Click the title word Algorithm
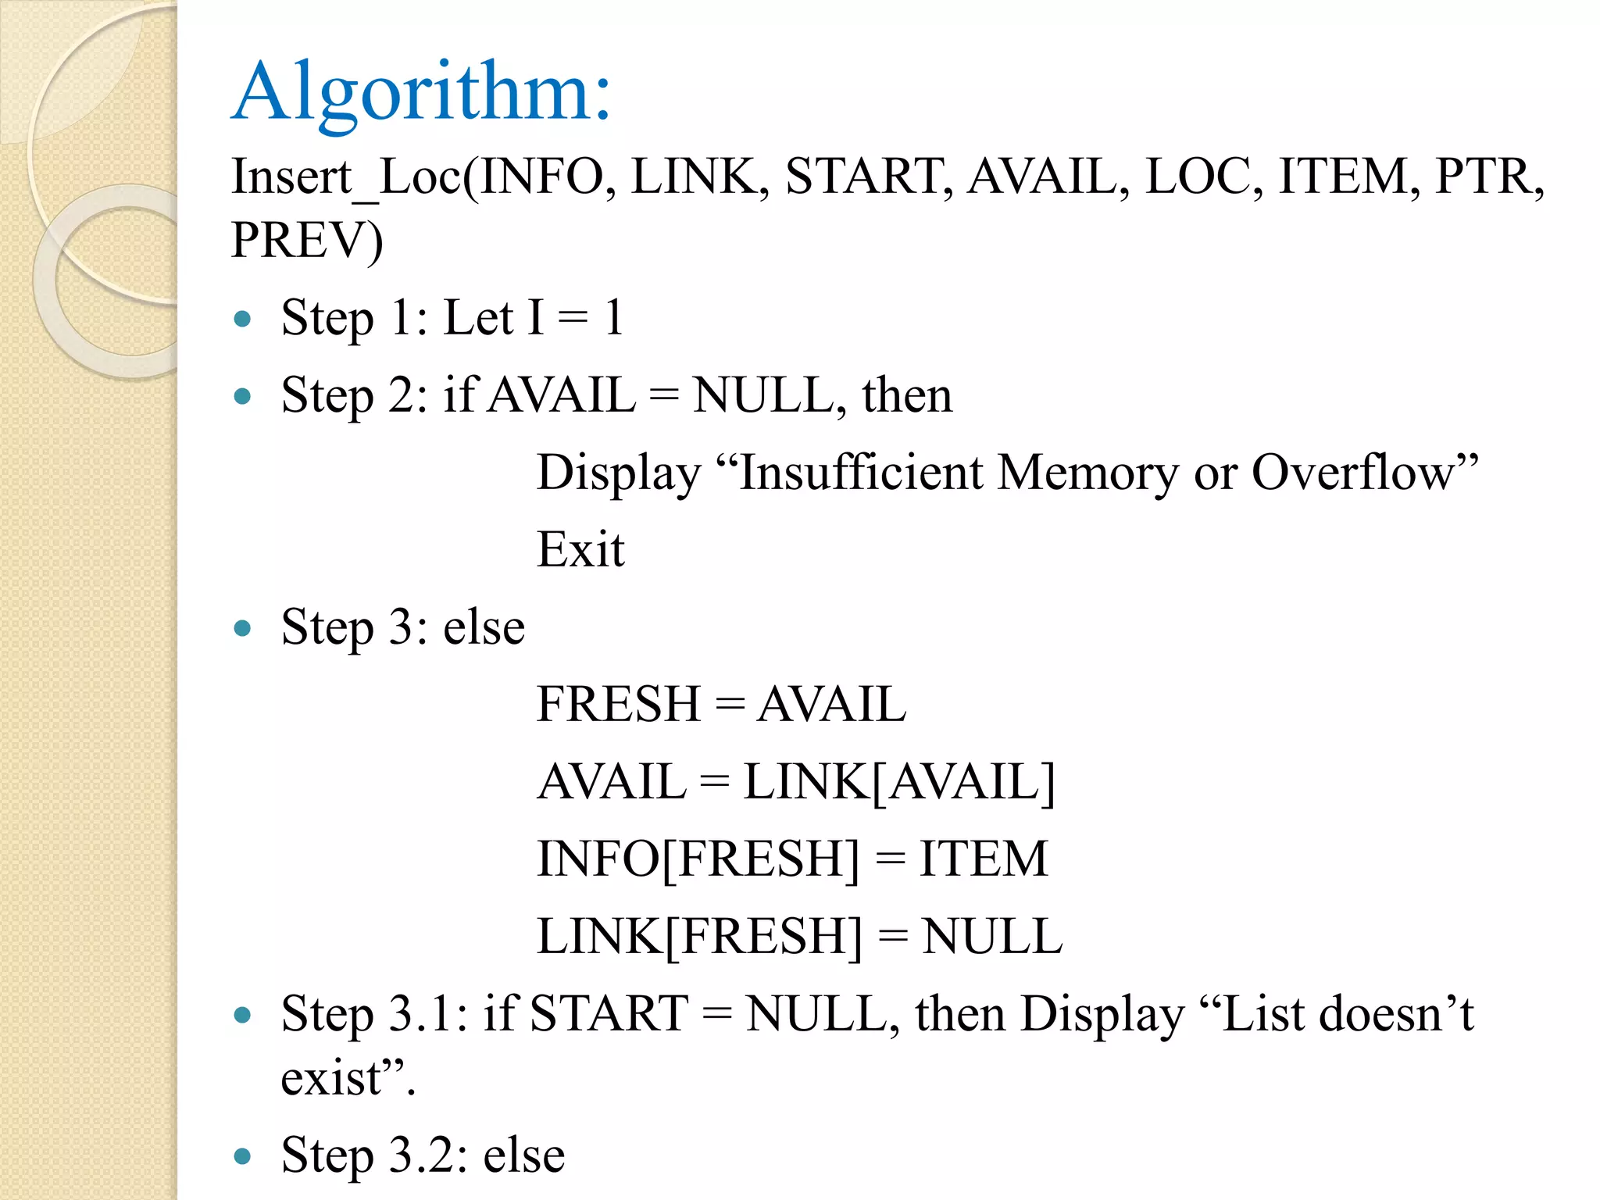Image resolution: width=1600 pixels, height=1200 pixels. [x=420, y=92]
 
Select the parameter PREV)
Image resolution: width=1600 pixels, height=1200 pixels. [x=307, y=240]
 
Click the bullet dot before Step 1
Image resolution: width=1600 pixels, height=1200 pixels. [x=243, y=319]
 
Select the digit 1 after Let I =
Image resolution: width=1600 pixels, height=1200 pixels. [x=614, y=318]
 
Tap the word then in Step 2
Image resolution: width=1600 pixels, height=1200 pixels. [x=907, y=395]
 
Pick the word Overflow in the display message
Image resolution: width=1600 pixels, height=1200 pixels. [x=1352, y=473]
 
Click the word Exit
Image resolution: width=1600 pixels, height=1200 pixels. [x=580, y=549]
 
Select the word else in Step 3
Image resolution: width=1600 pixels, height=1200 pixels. [x=484, y=627]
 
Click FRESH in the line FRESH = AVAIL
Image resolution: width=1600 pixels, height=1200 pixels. [x=618, y=704]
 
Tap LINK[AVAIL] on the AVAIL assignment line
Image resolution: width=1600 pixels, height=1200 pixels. [x=898, y=781]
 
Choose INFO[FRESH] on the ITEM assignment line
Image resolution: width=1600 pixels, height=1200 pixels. [x=698, y=859]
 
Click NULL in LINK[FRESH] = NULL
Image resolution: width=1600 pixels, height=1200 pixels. [x=992, y=936]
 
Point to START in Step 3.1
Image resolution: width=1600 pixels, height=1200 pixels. [x=609, y=1014]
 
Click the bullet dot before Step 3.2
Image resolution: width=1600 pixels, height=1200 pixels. [x=243, y=1155]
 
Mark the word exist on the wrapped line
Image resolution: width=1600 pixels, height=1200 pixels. [x=330, y=1078]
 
